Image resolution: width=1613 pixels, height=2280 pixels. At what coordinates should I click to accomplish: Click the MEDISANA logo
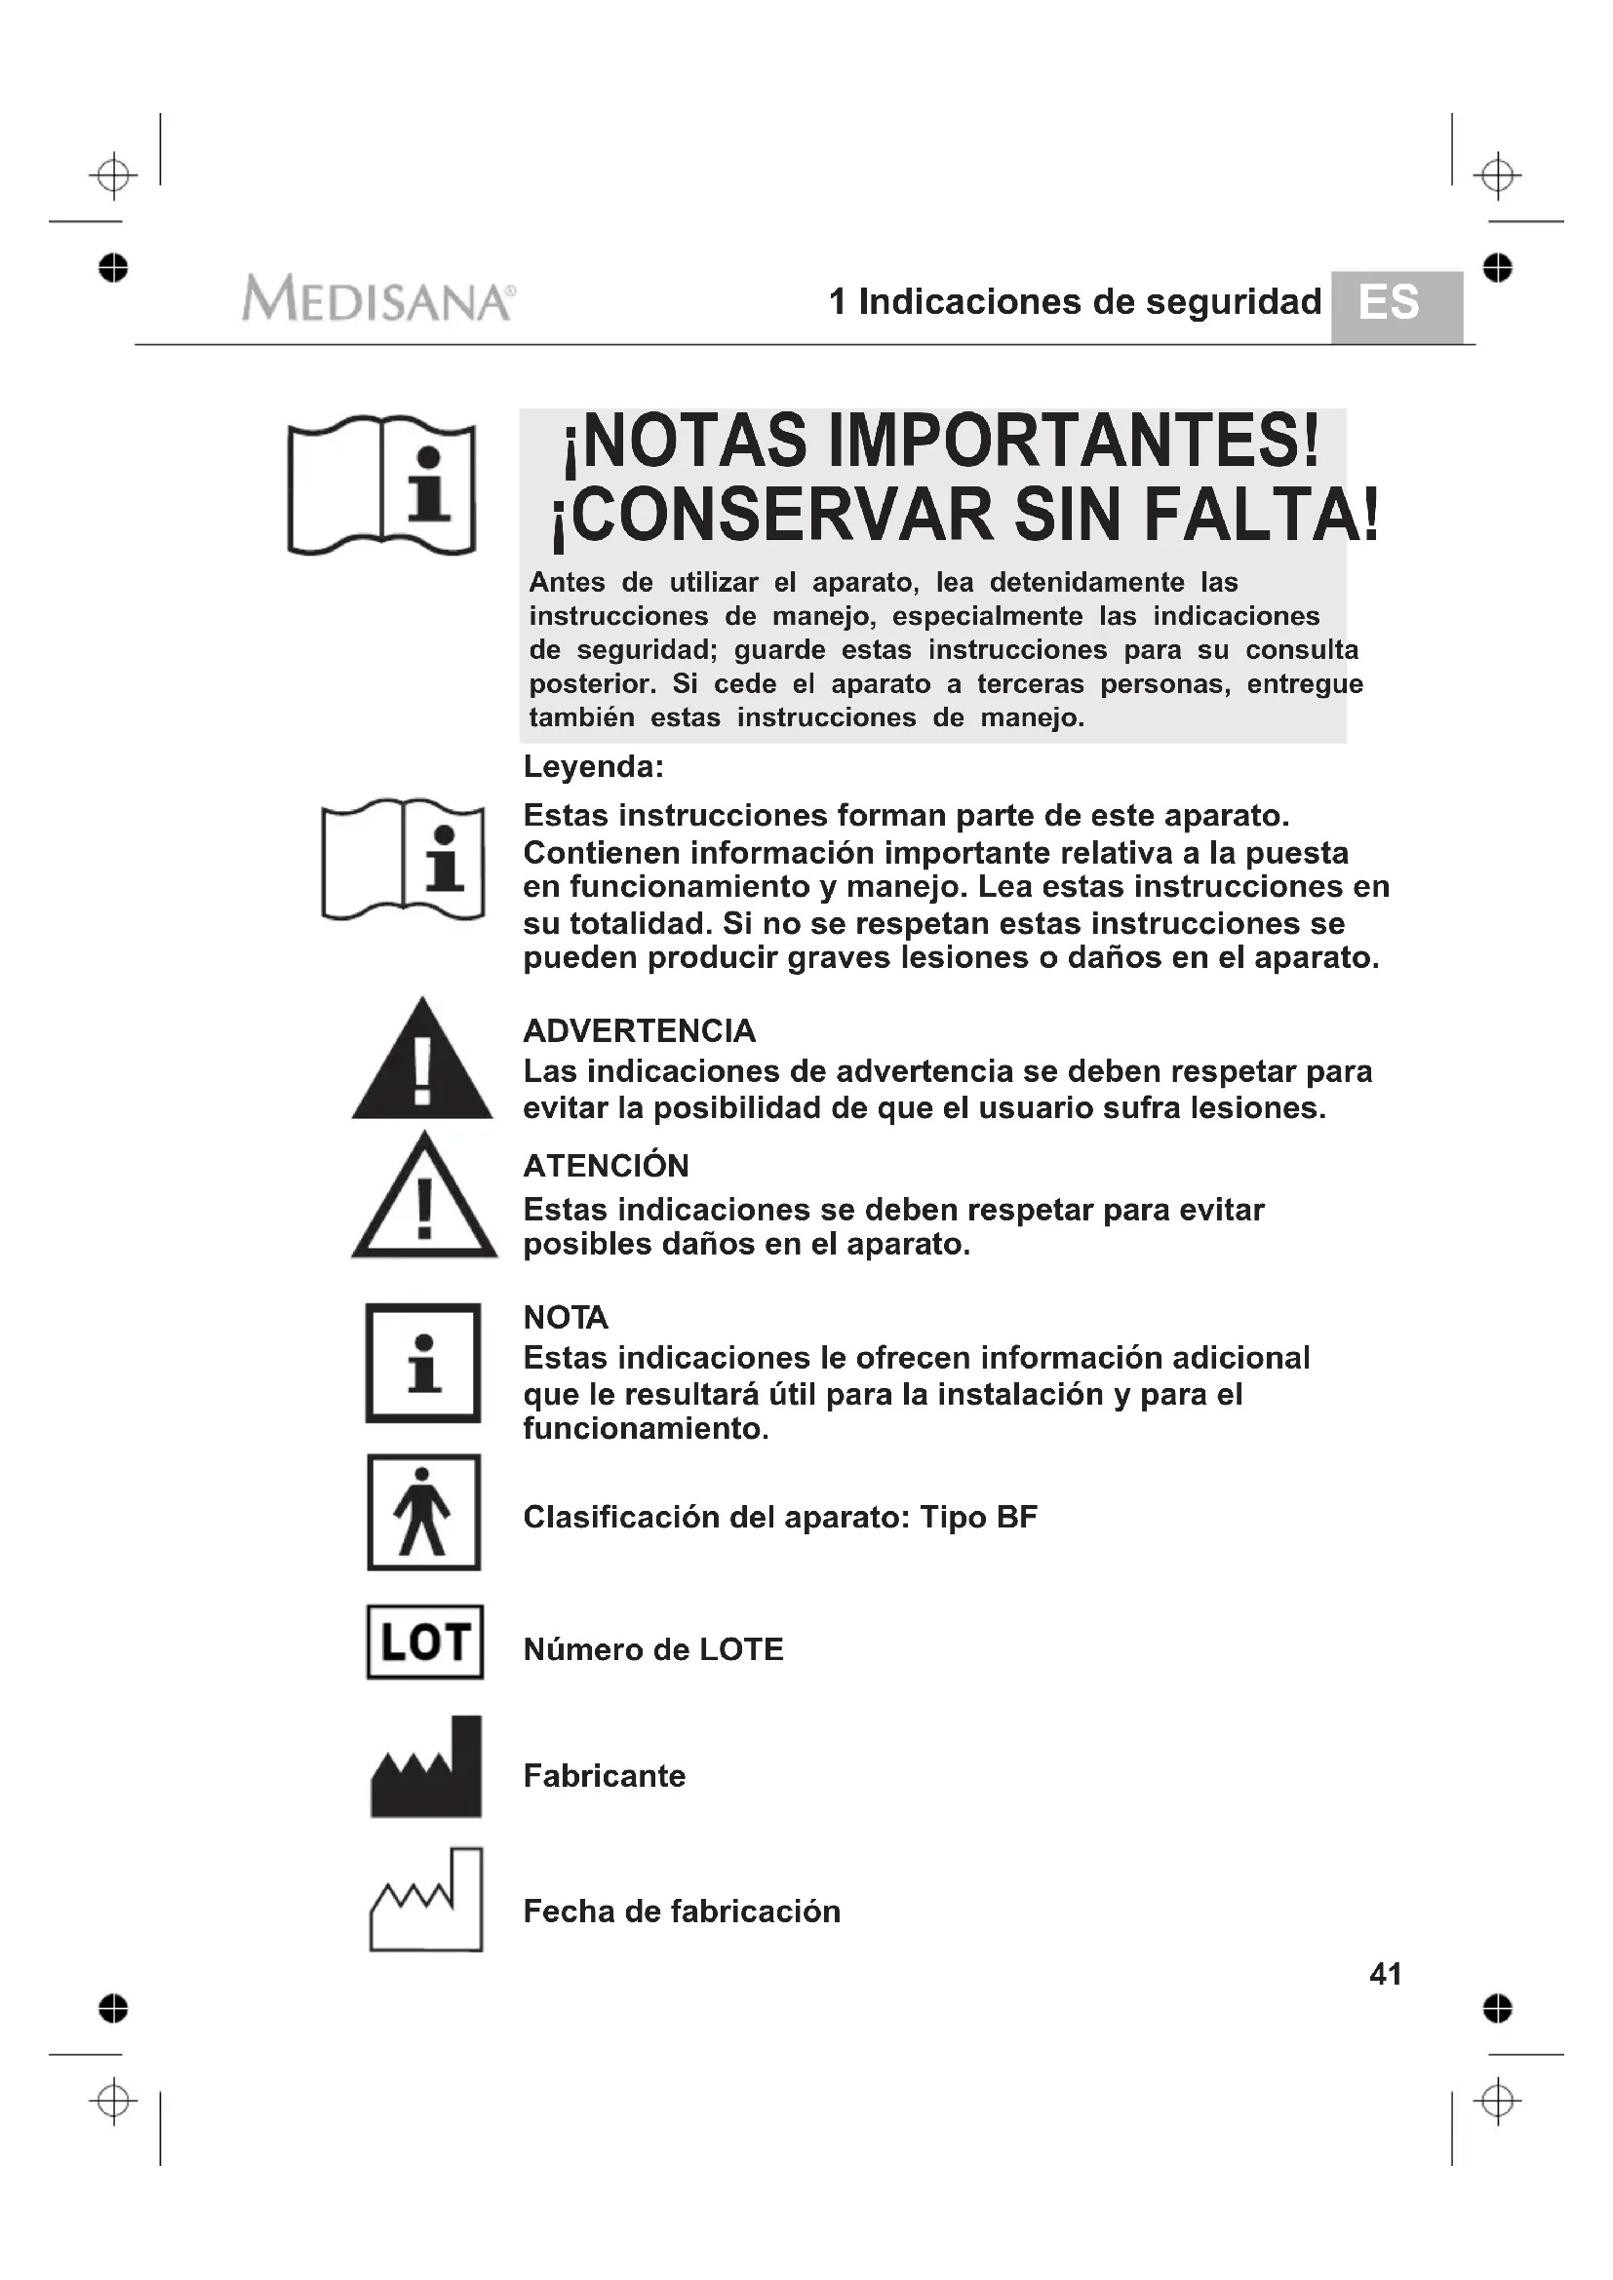(x=377, y=299)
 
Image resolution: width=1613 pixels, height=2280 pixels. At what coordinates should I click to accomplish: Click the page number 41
(x=1385, y=1973)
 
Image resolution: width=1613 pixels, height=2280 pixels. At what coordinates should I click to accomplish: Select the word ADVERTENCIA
(x=639, y=1030)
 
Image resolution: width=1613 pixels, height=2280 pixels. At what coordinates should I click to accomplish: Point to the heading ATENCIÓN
(x=606, y=1165)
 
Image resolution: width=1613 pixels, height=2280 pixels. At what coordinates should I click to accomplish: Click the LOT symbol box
(x=425, y=1642)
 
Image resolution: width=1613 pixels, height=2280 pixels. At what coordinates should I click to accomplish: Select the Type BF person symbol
(x=424, y=1513)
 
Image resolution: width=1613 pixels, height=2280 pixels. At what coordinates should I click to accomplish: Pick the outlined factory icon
(x=426, y=1903)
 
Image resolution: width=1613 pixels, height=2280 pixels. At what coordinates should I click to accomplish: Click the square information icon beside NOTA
(x=423, y=1363)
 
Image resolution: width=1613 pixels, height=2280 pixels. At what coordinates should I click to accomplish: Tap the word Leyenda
(x=593, y=766)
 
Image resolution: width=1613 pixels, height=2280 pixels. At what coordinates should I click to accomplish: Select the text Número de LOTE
(x=652, y=1649)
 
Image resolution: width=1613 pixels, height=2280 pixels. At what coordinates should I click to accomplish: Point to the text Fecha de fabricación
(x=682, y=1911)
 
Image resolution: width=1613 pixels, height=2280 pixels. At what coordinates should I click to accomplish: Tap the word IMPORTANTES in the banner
(x=1072, y=441)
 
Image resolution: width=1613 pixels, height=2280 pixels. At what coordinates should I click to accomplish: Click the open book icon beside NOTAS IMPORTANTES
(x=382, y=485)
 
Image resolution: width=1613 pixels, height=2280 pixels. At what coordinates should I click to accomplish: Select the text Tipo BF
(x=978, y=1518)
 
